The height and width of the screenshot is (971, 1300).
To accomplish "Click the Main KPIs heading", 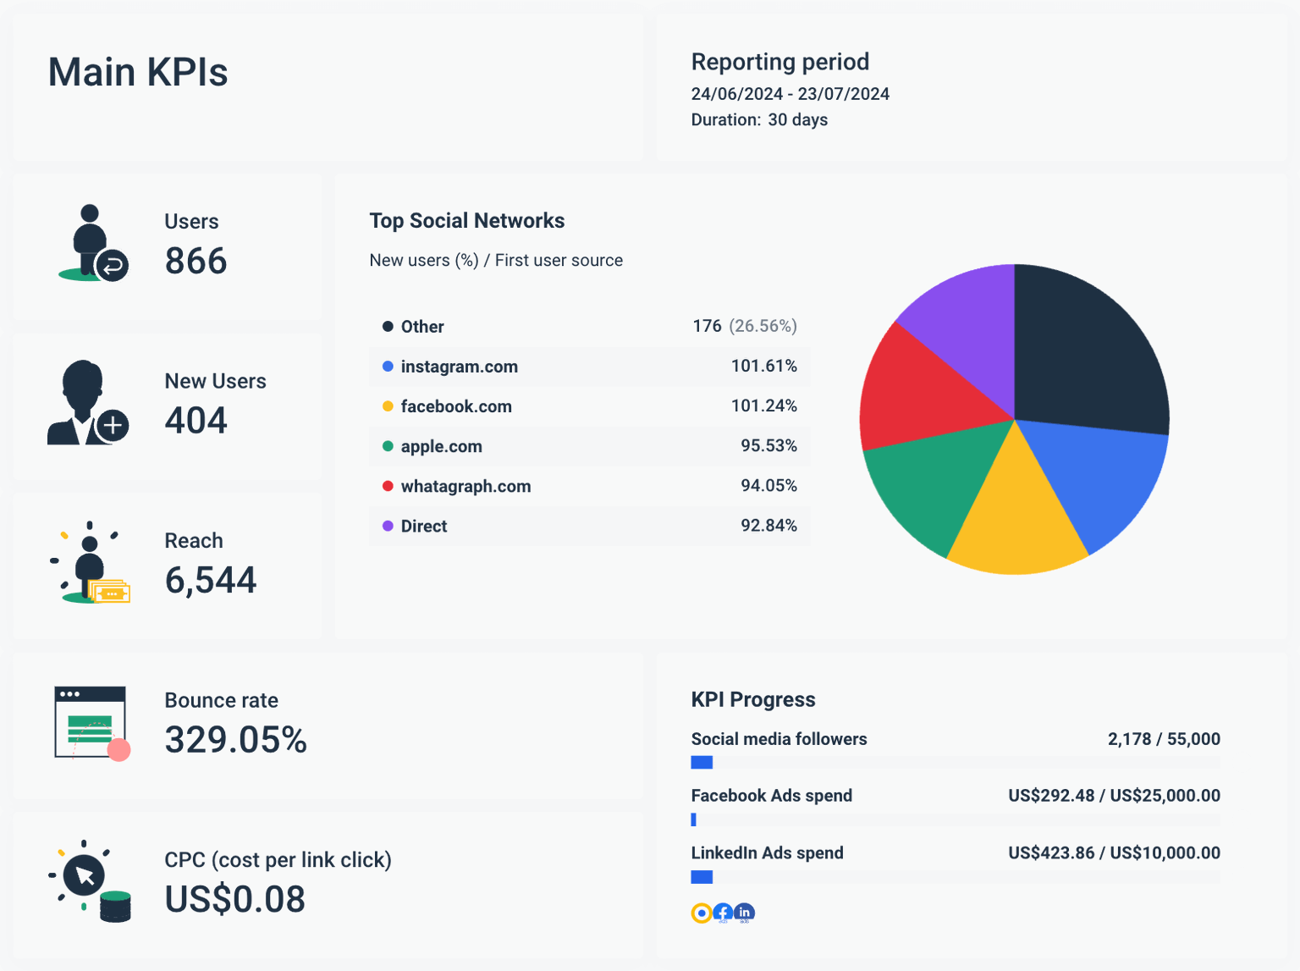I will point(138,72).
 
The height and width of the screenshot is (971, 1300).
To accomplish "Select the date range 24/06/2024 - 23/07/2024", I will point(790,94).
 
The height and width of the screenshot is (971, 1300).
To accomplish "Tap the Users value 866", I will point(196,261).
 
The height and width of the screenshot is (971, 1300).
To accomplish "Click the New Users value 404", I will point(196,421).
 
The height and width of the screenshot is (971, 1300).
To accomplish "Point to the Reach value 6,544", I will point(210,580).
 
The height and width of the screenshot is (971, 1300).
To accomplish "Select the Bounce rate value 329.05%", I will point(235,740).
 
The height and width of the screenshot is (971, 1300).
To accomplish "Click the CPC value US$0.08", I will point(234,899).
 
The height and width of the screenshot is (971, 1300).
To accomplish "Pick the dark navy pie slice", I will point(1083,356).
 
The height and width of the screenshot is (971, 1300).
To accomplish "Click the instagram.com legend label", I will point(459,367).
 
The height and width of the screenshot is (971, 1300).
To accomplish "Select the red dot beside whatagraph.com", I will point(388,486).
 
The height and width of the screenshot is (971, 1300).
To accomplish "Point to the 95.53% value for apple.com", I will point(768,445).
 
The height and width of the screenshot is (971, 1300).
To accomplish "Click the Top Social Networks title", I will point(466,221).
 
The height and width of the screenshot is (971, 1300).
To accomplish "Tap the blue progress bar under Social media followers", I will point(702,763).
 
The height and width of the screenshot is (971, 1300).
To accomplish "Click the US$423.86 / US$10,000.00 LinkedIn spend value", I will point(1114,852).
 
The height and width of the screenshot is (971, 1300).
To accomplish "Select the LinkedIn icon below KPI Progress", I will point(744,913).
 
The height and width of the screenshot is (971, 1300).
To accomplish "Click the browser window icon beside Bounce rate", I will point(91,722).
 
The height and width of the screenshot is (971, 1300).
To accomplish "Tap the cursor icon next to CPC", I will point(84,875).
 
